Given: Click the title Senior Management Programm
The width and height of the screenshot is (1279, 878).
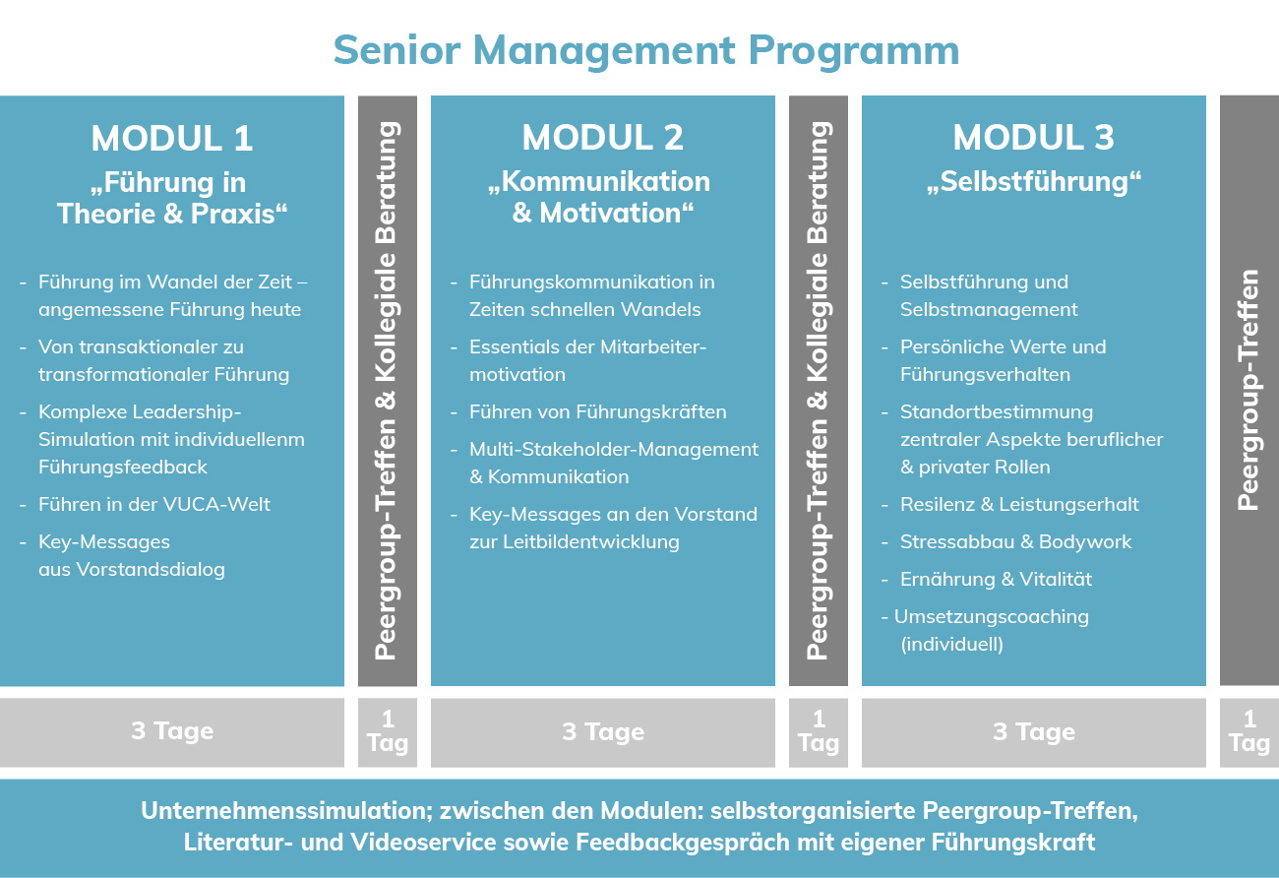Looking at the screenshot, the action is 645,51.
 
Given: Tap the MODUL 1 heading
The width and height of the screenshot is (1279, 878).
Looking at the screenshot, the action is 172,138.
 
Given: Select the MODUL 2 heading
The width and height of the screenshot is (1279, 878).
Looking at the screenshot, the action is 602,137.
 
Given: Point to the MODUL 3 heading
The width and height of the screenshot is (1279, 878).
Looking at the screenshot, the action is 1033,137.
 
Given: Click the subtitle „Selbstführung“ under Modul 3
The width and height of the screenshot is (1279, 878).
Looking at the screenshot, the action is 1033,182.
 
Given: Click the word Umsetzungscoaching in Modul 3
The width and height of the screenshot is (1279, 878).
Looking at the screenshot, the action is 992,617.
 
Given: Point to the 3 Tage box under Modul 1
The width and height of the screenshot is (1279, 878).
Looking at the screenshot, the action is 172,732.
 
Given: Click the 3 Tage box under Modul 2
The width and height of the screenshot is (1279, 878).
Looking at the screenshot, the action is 603,732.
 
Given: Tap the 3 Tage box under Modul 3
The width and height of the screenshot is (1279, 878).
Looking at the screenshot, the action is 1033,732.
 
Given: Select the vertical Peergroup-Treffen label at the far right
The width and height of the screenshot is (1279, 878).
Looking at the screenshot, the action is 1249,390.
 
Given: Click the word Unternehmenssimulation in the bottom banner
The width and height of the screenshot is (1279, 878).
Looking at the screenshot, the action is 287,811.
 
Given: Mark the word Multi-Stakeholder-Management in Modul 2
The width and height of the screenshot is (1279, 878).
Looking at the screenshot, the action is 614,450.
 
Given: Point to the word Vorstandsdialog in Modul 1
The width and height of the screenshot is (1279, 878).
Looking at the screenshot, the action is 151,570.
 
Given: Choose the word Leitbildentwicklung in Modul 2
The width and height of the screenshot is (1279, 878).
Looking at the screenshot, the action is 591,542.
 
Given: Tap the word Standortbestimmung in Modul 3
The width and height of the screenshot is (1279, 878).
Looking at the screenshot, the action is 997,412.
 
